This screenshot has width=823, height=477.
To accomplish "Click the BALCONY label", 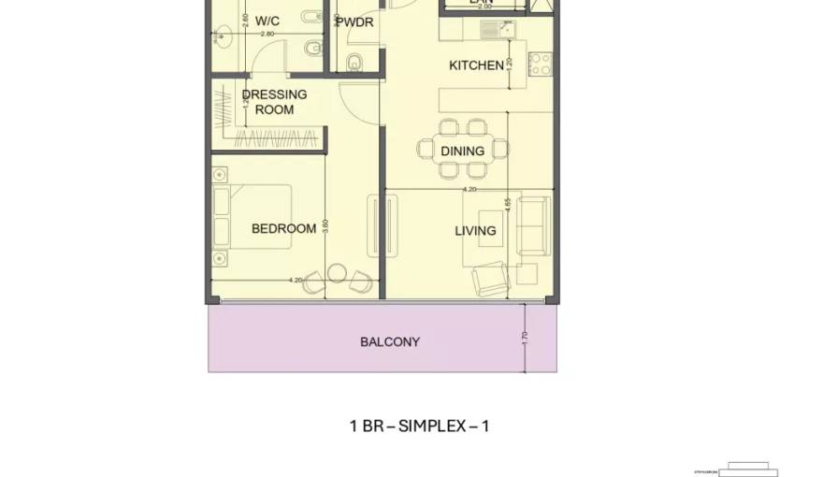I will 389,342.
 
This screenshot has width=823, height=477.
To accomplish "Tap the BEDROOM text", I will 283,229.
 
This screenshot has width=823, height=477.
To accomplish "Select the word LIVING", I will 475,231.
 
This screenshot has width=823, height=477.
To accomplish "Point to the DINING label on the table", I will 463,151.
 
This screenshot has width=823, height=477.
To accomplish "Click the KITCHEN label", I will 476,65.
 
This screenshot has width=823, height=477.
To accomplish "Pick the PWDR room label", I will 355,22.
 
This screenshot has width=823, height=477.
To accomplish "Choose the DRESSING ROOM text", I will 274,102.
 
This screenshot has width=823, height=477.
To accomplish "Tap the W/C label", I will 267,20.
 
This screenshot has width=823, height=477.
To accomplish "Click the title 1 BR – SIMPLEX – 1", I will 419,426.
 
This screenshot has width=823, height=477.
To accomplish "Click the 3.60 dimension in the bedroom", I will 325,227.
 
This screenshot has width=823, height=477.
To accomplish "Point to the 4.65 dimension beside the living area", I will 508,205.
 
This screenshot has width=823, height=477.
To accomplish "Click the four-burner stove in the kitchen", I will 540,64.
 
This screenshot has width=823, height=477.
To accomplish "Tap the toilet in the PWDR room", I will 354,63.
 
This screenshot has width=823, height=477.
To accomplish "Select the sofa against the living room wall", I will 534,226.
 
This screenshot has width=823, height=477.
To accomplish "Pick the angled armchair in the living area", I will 490,277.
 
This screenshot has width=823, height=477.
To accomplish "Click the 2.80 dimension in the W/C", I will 267,34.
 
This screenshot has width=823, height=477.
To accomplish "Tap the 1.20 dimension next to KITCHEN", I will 510,66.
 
